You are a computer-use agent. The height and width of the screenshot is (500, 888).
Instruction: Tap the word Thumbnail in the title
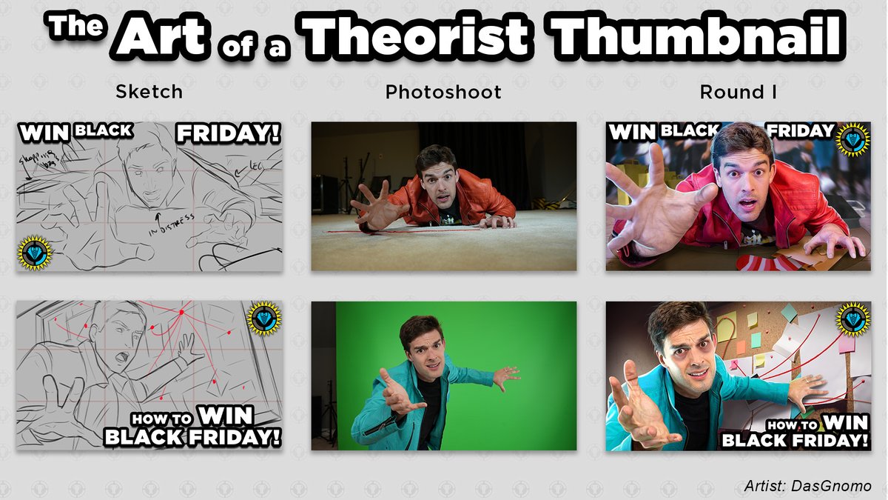[x=698, y=35]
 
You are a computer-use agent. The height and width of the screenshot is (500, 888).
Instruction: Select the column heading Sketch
[x=149, y=92]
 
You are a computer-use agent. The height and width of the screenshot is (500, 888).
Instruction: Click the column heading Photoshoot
[x=443, y=92]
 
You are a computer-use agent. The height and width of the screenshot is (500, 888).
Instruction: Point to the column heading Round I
[x=737, y=92]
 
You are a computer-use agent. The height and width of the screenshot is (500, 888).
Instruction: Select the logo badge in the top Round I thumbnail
[x=853, y=139]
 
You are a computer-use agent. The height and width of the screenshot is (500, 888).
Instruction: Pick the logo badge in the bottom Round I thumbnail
[x=854, y=319]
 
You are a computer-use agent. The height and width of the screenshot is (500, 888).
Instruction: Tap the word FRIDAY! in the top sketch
[x=228, y=134]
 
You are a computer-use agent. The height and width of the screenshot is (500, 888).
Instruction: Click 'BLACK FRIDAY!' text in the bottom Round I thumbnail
[x=795, y=440]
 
